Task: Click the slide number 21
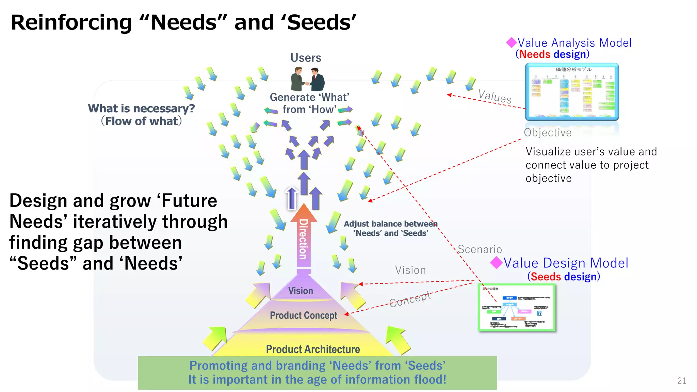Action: [x=682, y=381]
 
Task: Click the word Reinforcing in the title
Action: [x=71, y=22]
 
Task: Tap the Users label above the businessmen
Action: [x=306, y=58]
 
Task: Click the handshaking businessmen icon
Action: [x=307, y=79]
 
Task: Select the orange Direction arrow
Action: [x=304, y=238]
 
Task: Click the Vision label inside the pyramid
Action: [x=301, y=291]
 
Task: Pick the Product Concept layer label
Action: [x=303, y=315]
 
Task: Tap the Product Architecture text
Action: [x=313, y=349]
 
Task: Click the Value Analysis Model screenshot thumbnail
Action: [x=572, y=92]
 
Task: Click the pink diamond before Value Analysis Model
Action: [x=511, y=43]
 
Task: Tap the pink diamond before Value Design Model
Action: [x=496, y=262]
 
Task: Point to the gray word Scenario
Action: [x=480, y=249]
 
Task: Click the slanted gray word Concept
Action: [x=410, y=299]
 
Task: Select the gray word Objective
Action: [x=548, y=132]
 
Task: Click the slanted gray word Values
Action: [x=495, y=96]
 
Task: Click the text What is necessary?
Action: [x=141, y=109]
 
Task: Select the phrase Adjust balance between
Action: [x=390, y=224]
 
